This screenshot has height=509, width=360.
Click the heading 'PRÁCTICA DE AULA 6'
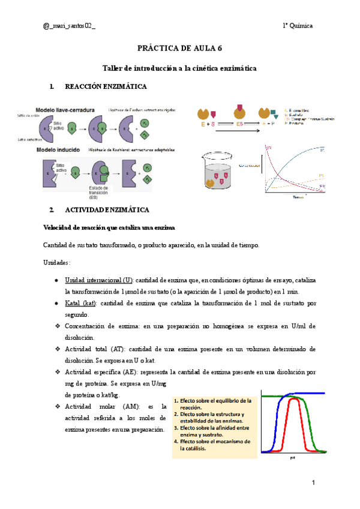[179, 48]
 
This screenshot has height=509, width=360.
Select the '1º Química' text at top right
[298, 26]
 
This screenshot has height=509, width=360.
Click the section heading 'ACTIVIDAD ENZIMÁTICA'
[107, 210]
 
